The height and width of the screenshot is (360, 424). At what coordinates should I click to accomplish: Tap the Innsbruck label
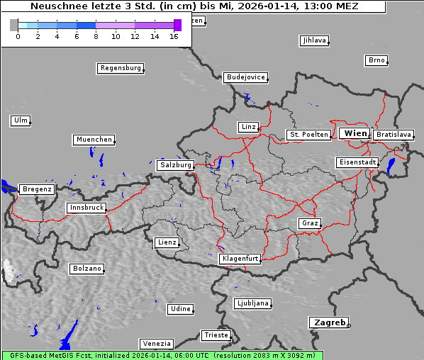tap(87, 208)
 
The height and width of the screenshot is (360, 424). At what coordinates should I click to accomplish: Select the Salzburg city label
tap(176, 165)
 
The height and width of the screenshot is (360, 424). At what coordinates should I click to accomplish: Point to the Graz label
tap(310, 224)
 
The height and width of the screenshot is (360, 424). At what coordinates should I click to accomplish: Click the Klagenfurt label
tap(240, 259)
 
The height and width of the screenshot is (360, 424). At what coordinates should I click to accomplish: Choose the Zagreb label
tap(328, 322)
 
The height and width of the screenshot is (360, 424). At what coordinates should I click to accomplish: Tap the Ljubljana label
tap(252, 303)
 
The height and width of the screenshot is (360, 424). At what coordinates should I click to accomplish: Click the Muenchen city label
tap(94, 140)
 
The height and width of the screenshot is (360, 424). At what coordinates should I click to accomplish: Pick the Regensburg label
tap(121, 69)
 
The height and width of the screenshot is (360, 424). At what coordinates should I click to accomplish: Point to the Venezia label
tap(156, 344)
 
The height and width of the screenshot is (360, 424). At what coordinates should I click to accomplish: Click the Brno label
tap(376, 60)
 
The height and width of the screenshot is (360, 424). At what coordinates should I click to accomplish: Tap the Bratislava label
tap(394, 135)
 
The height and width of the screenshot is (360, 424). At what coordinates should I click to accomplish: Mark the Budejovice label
tap(245, 77)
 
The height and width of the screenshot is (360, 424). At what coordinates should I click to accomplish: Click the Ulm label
tap(21, 120)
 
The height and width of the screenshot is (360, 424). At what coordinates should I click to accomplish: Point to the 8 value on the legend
tap(96, 36)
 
